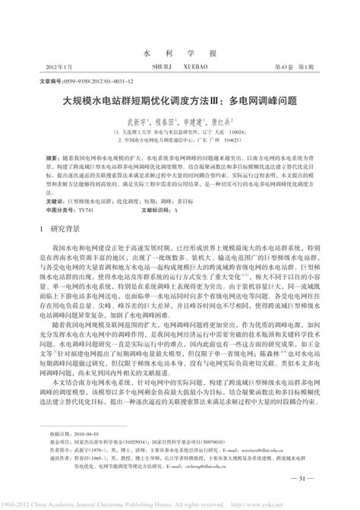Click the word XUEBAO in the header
pos(204,45)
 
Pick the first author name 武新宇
pos(136,99)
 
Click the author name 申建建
pos(194,99)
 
